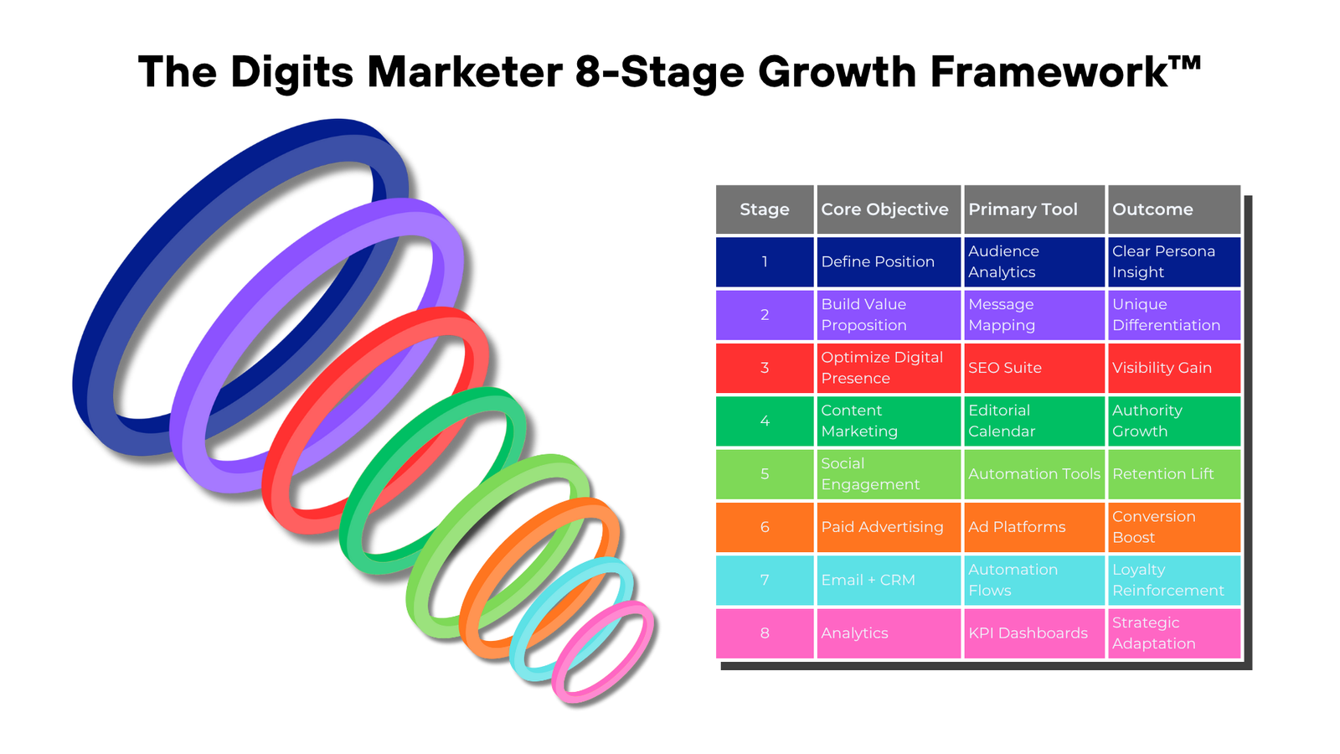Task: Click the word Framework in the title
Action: (1065, 72)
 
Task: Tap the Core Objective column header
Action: (889, 209)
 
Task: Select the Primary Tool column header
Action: (1034, 209)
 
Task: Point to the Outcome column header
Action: (1174, 209)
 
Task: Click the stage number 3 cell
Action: (765, 368)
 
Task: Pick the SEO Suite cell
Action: (1034, 368)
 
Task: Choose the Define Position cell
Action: (889, 261)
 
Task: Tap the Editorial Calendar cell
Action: (1034, 421)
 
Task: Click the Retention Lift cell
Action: (1174, 474)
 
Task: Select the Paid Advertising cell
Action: (889, 527)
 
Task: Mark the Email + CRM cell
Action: (889, 580)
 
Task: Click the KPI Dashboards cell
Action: (1034, 633)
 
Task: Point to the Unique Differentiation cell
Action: (1174, 315)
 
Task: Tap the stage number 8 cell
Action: (765, 633)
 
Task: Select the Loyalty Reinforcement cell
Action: (1174, 580)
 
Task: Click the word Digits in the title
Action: (292, 73)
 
